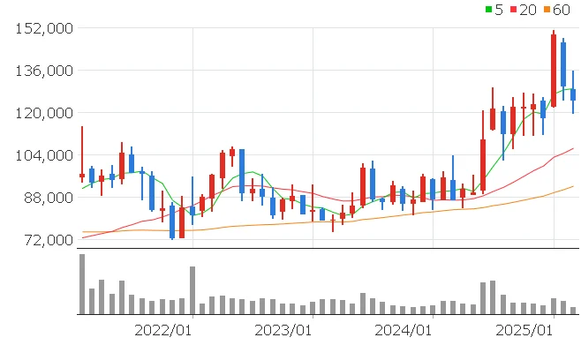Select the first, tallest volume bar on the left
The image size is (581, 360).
pos(82,284)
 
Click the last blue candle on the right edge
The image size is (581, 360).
pos(573,94)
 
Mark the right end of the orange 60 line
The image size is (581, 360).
pos(574,186)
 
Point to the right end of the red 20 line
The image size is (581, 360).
pos(574,148)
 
